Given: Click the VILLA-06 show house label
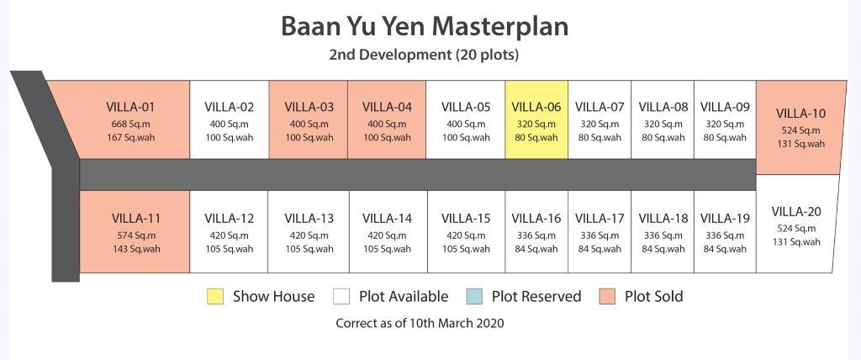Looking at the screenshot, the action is click(x=536, y=107).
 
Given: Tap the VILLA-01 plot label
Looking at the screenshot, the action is click(x=130, y=107).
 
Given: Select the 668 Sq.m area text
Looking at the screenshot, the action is click(x=130, y=124).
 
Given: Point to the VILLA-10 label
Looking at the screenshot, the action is click(x=800, y=114).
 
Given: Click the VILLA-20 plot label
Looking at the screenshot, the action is click(x=796, y=211).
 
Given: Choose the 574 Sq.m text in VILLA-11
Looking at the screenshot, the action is click(x=136, y=236).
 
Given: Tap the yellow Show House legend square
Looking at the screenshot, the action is click(x=215, y=297).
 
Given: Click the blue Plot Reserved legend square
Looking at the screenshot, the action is click(x=474, y=297).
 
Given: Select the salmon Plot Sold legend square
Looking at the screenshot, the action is click(x=607, y=297).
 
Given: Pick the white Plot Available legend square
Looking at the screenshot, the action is click(x=341, y=297).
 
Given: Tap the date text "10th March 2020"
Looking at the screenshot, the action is click(x=457, y=323).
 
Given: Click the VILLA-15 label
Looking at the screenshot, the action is click(x=466, y=218).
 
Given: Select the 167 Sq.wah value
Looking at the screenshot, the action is click(x=130, y=137).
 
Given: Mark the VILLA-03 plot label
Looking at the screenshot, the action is click(x=309, y=107).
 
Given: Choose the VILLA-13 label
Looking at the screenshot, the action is click(x=309, y=218).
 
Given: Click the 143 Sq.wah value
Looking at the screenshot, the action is click(x=136, y=249).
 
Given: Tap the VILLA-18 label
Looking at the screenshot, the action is click(x=663, y=218).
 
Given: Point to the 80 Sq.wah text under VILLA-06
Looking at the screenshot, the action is click(x=536, y=137).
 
